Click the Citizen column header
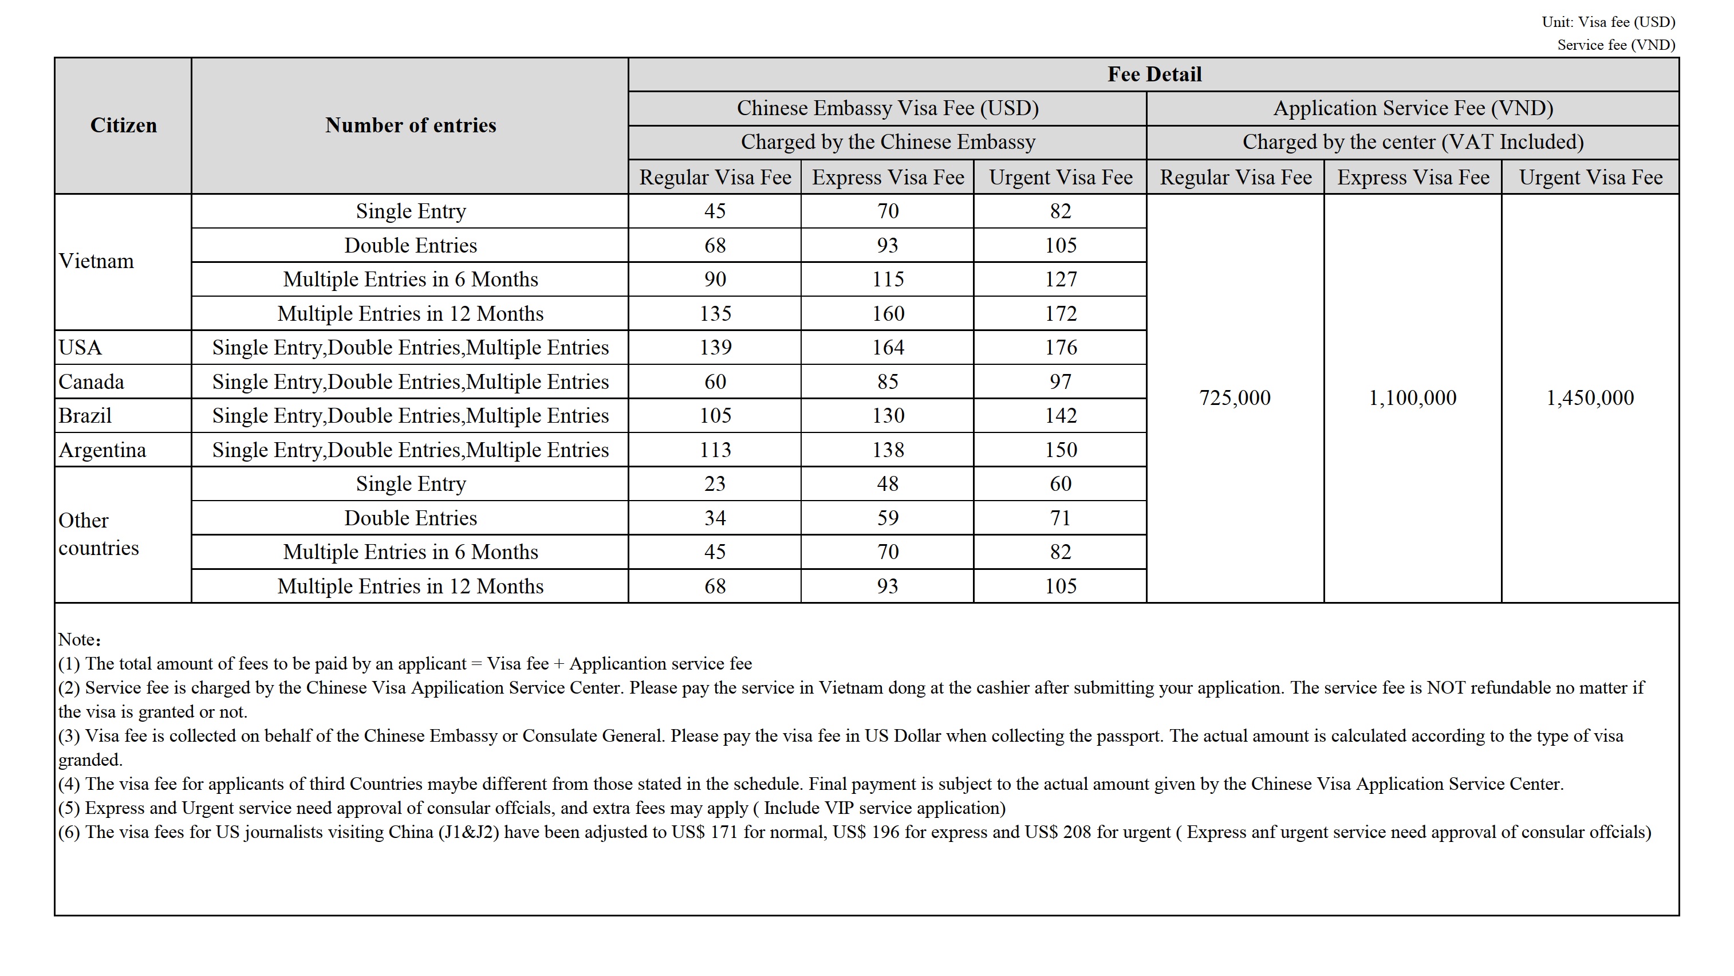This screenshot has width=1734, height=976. [x=123, y=125]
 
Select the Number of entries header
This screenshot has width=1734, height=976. [x=410, y=125]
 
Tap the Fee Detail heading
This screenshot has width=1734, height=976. [x=1154, y=74]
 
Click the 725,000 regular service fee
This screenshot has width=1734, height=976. [x=1235, y=398]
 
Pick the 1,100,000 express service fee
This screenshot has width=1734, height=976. [x=1412, y=398]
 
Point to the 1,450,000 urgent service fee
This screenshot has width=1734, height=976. [x=1590, y=398]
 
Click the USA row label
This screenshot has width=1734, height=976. [x=80, y=347]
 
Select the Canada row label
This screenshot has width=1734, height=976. [x=91, y=381]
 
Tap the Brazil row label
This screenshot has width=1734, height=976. [x=85, y=415]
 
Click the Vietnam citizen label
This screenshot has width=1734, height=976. [x=96, y=261]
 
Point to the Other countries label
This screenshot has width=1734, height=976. [x=98, y=534]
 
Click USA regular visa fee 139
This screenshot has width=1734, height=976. [x=715, y=347]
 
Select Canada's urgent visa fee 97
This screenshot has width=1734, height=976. [x=1060, y=381]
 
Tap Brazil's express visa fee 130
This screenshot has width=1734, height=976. [x=888, y=415]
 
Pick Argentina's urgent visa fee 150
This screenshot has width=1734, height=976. [x=1060, y=450]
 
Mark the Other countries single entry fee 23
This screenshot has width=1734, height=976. [x=715, y=483]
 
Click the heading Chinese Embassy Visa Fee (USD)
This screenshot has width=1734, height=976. [x=887, y=108]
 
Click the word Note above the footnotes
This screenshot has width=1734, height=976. [x=77, y=639]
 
